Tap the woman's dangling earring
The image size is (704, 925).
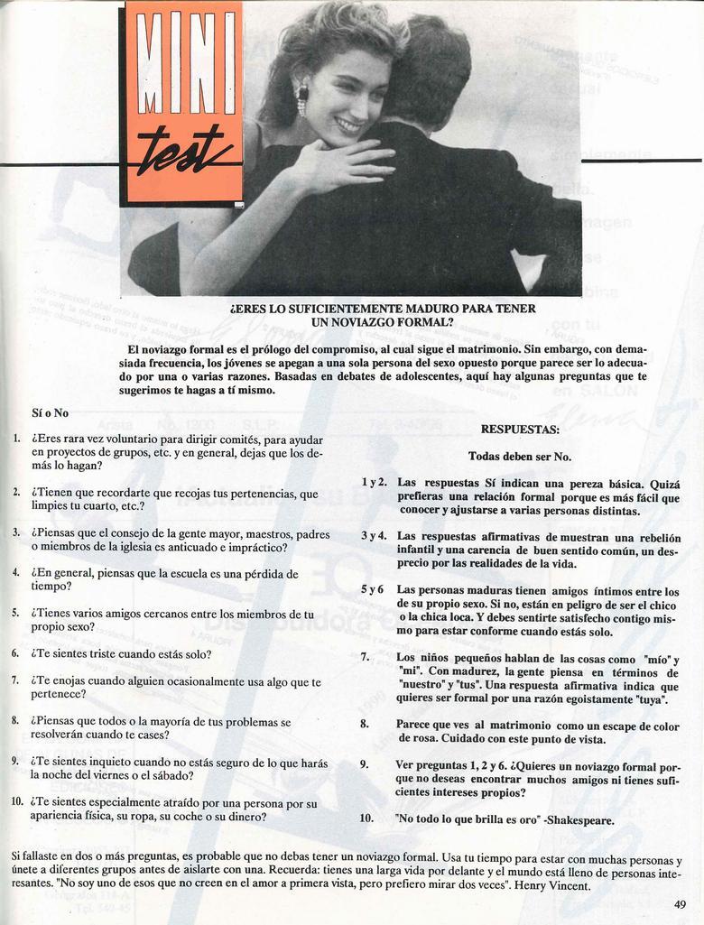(x=302, y=98)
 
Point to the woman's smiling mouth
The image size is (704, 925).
(x=348, y=125)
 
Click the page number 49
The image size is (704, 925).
(x=680, y=904)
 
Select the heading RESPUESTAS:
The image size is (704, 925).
(x=519, y=430)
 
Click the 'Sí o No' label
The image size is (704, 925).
(x=50, y=412)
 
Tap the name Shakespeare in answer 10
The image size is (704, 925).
(x=583, y=820)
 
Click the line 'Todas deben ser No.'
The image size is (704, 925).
(x=519, y=457)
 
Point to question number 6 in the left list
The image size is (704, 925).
(x=15, y=652)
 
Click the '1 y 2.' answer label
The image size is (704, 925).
(x=374, y=482)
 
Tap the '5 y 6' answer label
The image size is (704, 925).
(x=373, y=589)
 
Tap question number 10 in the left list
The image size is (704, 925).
(x=17, y=800)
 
